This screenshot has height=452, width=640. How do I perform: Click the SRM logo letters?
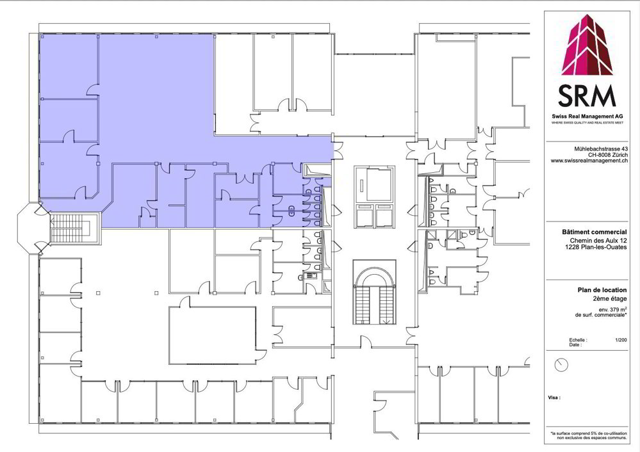coord(587,96)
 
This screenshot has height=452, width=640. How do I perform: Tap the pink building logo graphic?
coord(587,45)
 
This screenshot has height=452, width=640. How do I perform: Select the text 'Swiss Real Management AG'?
coord(587,117)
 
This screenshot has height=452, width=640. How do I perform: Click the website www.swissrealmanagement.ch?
coord(589,161)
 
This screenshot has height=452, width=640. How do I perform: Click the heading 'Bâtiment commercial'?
coord(595,232)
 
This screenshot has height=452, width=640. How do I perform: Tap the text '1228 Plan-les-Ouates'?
coord(596,247)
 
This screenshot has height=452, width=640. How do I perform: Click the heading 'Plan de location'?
coord(602,290)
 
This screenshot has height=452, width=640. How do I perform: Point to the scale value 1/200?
coord(621,340)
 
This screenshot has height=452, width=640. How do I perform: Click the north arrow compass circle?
coord(562,365)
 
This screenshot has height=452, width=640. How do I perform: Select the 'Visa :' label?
coord(554,398)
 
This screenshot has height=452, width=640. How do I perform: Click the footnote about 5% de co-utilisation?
coord(588,435)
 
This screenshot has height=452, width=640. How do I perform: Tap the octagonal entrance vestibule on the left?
coord(33,228)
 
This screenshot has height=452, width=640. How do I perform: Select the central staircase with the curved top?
coord(374,292)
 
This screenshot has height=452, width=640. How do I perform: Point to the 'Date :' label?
coord(575,344)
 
